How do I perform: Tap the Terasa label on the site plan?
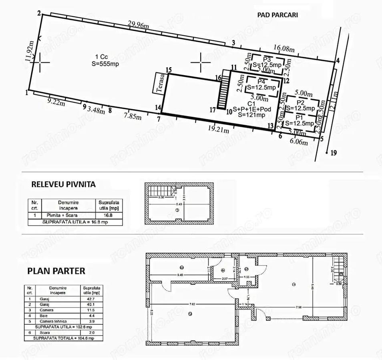click(x=160, y=83)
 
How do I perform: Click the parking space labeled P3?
click(x=268, y=64)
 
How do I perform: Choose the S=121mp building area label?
click(x=251, y=115)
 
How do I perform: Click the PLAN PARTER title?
click(x=56, y=271)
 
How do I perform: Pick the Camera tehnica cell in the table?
click(x=56, y=321)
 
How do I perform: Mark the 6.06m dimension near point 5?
click(x=299, y=142)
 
